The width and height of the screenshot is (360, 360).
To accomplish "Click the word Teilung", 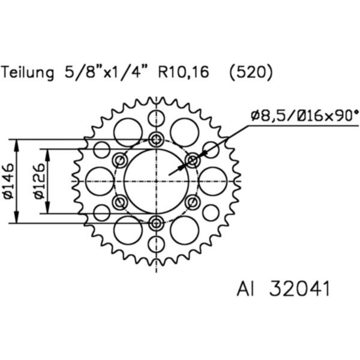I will pyautogui.click(x=29, y=73).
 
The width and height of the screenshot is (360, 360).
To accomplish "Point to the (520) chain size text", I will pyautogui.click(x=251, y=73).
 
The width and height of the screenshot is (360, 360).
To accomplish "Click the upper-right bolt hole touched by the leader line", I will pyautogui.click(x=193, y=160).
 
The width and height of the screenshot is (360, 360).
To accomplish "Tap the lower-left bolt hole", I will pyautogui.click(x=119, y=202).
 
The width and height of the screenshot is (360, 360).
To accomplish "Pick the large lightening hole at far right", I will pyautogui.click(x=212, y=181).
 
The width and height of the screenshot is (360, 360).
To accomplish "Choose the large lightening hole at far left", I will pyautogui.click(x=100, y=181).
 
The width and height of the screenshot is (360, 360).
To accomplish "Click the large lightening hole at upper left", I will pyautogui.click(x=128, y=132).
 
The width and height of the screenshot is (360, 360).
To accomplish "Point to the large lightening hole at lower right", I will pyautogui.click(x=184, y=230).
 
